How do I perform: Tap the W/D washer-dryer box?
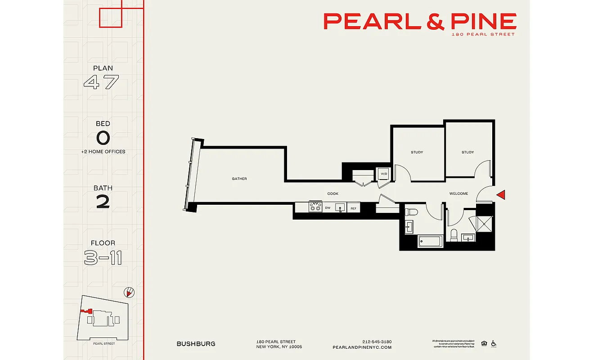point(384,174)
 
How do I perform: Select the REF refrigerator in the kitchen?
point(354,208)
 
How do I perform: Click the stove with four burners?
point(315,207)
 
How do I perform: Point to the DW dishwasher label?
point(328,208)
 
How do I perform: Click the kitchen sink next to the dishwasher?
point(340,207)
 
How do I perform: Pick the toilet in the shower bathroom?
point(454,235)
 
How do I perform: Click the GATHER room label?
point(239,179)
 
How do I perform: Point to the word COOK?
point(332,193)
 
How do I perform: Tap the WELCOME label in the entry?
point(458,193)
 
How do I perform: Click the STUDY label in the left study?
point(417,152)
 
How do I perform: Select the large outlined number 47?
point(102,82)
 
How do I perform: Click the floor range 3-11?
point(103,258)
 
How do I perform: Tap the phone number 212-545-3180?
point(377,341)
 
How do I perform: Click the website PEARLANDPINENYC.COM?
point(362,347)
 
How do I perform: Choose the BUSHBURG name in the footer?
point(196,344)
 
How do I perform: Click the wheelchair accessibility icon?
point(494,343)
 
